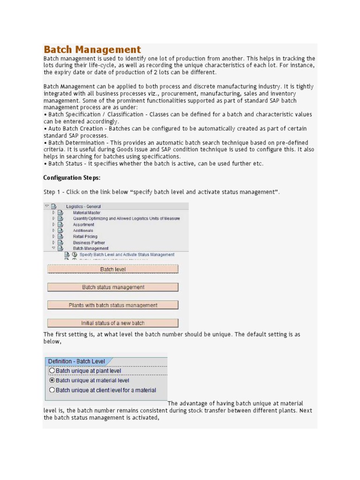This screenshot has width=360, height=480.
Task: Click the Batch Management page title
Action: tap(92, 50)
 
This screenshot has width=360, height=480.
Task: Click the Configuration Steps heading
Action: tap(72, 178)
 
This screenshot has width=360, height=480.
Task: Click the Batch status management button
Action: tap(113, 287)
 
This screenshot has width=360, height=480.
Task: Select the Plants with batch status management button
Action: tap(113, 305)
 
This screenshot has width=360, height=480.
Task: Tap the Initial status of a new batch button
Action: tap(113, 323)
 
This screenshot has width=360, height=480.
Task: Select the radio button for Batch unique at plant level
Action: tap(52, 371)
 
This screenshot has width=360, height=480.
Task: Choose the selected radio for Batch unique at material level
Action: tap(52, 380)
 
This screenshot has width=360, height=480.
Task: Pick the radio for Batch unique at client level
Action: tap(52, 390)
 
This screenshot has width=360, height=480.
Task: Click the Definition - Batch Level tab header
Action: tap(76, 361)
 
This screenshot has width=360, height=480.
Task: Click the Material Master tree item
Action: tap(86, 212)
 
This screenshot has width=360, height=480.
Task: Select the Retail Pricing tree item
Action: tap(85, 237)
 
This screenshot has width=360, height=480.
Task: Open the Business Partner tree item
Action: tap(89, 243)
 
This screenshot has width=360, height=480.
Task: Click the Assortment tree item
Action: tap(83, 225)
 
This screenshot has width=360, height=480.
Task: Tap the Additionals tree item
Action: tap(83, 231)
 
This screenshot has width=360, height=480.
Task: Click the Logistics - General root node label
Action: tap(83, 206)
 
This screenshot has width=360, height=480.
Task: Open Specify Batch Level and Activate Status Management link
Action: tap(127, 255)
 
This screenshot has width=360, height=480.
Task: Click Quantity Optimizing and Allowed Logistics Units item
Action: tap(126, 218)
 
